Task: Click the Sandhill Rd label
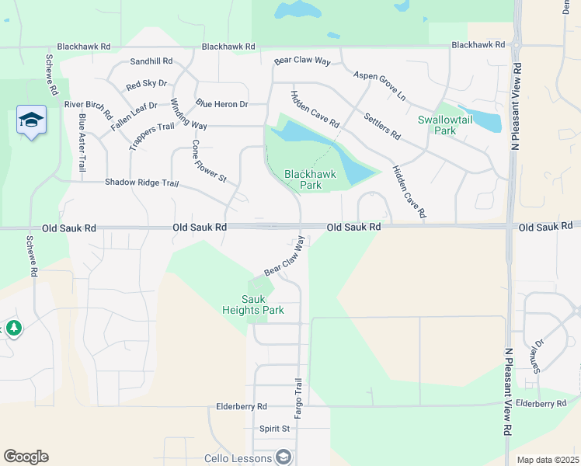coord(151,61)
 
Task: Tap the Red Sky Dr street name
coord(146,83)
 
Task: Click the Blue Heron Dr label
coord(221,104)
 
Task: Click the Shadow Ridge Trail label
coord(142,183)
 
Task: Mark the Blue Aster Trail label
coord(82,143)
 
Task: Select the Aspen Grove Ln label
coord(380,86)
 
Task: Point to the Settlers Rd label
coord(381,127)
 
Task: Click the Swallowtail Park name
coord(447,125)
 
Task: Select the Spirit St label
coord(274,429)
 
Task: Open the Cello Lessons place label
coord(238,458)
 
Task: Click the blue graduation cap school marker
coord(31,120)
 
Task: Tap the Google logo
coord(26,457)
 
